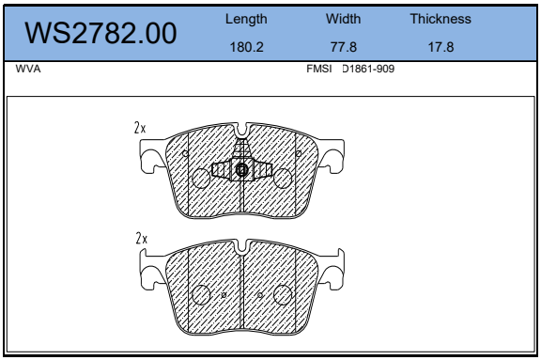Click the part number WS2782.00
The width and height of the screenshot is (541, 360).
click(100, 33)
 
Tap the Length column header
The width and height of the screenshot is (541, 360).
click(246, 20)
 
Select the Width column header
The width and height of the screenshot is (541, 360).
click(344, 19)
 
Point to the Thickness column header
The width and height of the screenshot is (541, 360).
click(441, 19)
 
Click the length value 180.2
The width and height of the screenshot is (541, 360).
click(246, 47)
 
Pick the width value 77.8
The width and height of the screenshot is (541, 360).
click(344, 47)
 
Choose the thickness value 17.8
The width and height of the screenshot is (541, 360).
click(441, 47)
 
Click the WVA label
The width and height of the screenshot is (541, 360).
click(28, 69)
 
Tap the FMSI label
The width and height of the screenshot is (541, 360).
click(318, 69)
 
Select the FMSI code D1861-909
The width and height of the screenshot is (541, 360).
click(368, 69)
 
